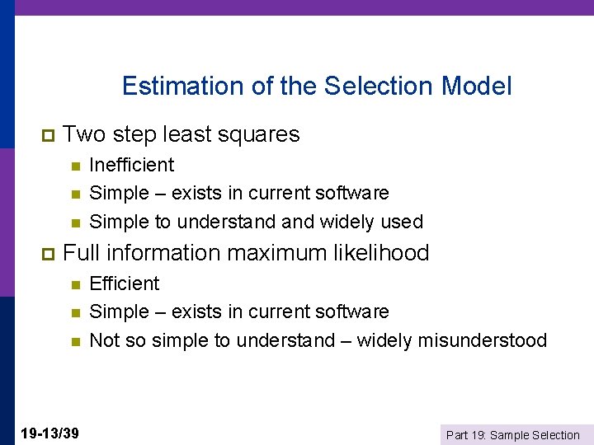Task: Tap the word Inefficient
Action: click(x=131, y=165)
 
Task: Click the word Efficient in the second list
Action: click(x=124, y=283)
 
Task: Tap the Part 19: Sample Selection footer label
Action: click(x=512, y=434)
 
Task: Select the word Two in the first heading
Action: click(x=82, y=133)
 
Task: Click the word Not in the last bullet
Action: click(x=104, y=340)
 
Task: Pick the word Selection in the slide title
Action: click(x=379, y=86)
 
